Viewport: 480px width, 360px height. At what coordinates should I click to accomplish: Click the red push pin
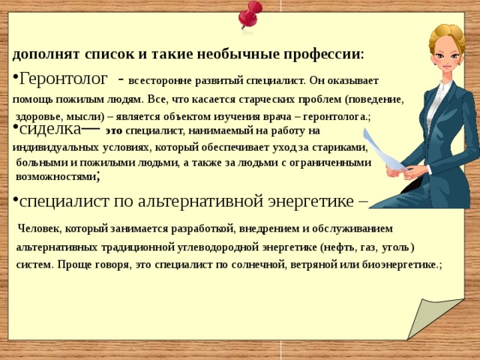point(250,14)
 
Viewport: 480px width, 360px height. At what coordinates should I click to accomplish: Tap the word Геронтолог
point(63,79)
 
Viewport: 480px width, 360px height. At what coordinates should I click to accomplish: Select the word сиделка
point(50,129)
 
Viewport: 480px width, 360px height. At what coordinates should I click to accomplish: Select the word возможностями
point(55,177)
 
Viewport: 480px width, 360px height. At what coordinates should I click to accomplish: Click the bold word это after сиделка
point(114,131)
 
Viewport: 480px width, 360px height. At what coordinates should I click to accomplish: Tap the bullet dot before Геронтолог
point(15,76)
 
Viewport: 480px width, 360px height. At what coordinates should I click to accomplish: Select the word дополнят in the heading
point(46,55)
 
